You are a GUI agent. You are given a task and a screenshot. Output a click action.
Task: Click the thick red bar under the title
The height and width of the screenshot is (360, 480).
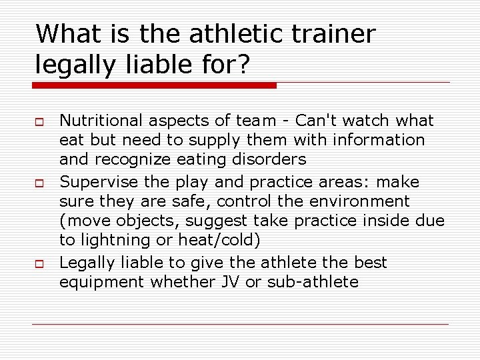(x=155, y=85)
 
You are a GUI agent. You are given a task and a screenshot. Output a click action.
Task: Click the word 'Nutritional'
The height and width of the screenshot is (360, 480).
(x=101, y=121)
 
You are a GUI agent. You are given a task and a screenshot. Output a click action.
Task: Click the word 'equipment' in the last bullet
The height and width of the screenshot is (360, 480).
(x=102, y=282)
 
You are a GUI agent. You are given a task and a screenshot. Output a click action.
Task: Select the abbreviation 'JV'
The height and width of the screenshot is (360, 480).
(x=227, y=282)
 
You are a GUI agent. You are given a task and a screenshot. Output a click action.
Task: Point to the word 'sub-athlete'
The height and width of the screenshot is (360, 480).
(x=313, y=282)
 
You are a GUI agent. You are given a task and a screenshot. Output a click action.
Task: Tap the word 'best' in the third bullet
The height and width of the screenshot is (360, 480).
(x=371, y=263)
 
